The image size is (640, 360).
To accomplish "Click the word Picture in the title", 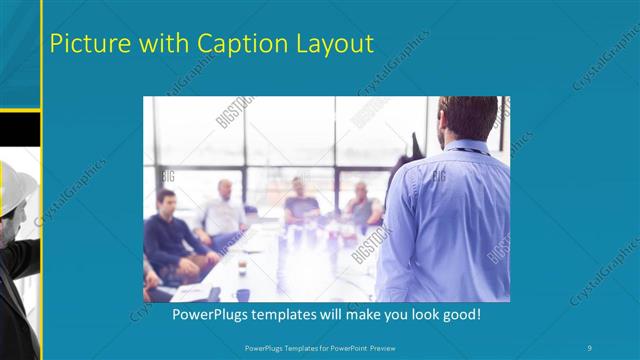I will coord(88,44).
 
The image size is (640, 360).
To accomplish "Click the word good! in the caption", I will coord(461,314).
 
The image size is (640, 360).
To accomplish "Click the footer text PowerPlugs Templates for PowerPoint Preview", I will coord(319,347).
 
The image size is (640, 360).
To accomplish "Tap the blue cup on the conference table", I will coord(242,294).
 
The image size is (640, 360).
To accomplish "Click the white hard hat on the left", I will coord(16,189).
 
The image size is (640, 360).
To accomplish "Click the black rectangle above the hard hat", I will coord(19,127).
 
